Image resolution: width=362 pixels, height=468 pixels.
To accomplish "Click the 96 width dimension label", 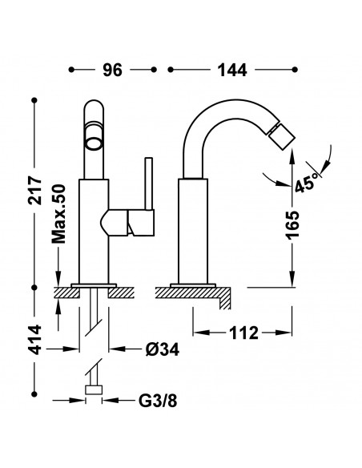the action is coord(112,71).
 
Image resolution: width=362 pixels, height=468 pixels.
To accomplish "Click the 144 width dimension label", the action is coord(232,71).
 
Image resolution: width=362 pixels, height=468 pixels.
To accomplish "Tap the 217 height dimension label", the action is coord(35,191).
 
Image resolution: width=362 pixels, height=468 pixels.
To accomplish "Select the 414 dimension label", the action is coord(35,339).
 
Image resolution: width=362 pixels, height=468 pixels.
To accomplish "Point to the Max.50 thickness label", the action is coord(58,214).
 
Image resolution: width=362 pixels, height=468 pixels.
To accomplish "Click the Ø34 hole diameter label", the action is coord(163,349).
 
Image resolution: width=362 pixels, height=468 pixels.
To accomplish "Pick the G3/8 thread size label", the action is coord(158,401).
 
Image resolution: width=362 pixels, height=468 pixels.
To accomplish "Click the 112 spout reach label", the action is coord(243,333).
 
